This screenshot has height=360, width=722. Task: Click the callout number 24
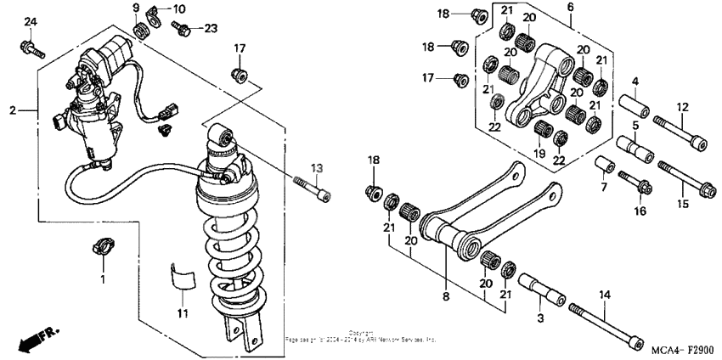pyautogui.click(x=31, y=20)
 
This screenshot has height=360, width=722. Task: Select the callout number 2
pyautogui.click(x=12, y=110)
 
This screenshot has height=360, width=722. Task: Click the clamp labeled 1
pyautogui.click(x=103, y=249)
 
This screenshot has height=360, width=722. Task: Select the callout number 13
pyautogui.click(x=317, y=167)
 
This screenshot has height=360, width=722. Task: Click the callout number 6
pyautogui.click(x=570, y=7)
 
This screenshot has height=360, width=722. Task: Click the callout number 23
pyautogui.click(x=210, y=27)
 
